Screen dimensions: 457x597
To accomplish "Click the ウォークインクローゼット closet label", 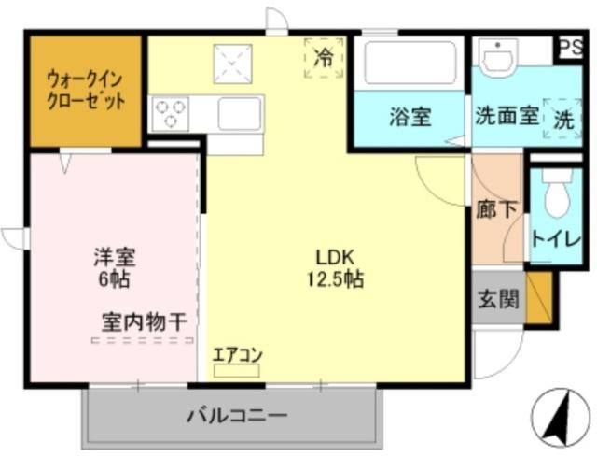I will tap(86, 90).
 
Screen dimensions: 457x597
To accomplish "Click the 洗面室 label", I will tap(507, 117).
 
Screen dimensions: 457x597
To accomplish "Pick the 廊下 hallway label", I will tap(495, 210).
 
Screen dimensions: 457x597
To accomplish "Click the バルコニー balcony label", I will tap(237, 414).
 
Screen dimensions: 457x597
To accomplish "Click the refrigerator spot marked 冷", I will tap(323, 58).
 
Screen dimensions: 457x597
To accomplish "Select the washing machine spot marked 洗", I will tap(564, 119).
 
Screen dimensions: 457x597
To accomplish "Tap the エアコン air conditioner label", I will tap(237, 355).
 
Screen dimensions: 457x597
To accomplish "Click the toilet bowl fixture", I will tap(556, 195).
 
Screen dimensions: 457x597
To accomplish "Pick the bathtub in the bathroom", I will tap(409, 64).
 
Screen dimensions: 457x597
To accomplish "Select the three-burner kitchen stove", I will tap(170, 114).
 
